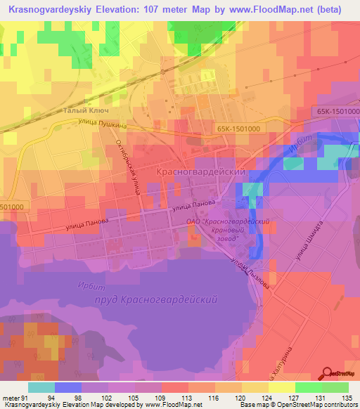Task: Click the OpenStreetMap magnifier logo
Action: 327,372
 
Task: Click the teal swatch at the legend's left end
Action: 41,387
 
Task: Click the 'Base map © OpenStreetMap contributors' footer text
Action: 297,405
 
